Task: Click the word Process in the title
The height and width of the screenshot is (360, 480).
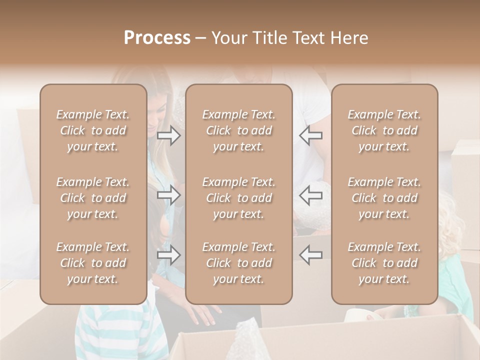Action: click(x=157, y=38)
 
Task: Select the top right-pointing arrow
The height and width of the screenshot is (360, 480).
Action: click(x=169, y=135)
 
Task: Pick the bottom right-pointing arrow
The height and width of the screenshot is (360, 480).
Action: click(x=169, y=255)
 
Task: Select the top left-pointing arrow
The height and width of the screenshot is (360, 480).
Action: click(x=311, y=135)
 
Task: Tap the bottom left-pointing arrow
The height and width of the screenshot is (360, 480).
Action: click(x=311, y=255)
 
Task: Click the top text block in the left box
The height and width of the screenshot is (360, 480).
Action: click(x=93, y=130)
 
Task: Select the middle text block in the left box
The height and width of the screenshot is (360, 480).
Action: click(x=93, y=198)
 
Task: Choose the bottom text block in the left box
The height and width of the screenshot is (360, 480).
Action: click(x=93, y=263)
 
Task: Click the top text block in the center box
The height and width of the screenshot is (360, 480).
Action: click(x=239, y=130)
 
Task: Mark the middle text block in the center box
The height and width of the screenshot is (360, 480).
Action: click(x=239, y=198)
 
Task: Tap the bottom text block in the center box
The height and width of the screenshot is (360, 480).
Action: click(x=239, y=263)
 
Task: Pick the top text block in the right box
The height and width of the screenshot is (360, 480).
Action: click(x=384, y=130)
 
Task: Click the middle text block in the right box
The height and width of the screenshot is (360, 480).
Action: click(x=384, y=198)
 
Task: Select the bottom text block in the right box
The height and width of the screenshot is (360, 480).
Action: click(x=384, y=263)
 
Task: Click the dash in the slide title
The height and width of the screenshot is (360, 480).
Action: click(x=201, y=38)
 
